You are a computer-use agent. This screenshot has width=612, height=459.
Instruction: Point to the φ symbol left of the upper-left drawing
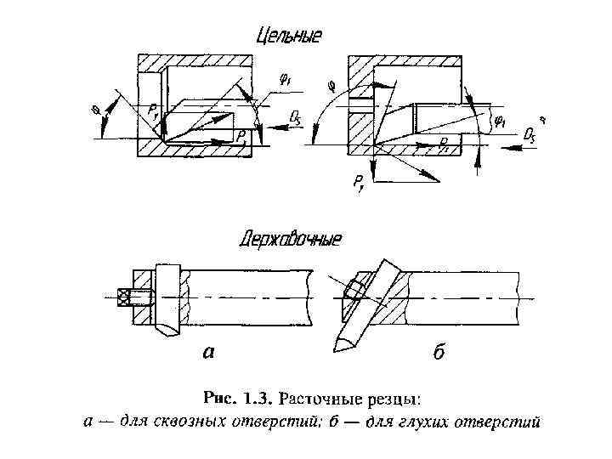95,108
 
